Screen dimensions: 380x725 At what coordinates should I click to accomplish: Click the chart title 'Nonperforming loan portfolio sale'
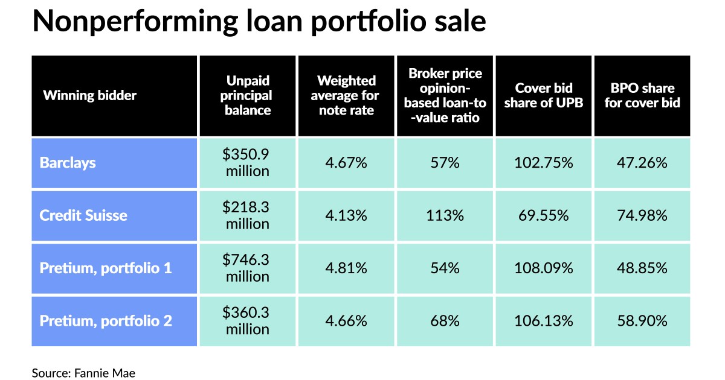point(259,22)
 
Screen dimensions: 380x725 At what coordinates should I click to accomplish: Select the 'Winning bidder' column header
point(89,95)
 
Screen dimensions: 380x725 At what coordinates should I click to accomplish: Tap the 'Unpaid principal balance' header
point(248,95)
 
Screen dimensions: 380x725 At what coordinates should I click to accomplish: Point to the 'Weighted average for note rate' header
point(347,95)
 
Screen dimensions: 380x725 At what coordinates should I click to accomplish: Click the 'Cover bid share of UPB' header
point(544,95)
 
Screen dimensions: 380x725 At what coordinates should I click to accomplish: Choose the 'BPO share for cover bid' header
point(642,95)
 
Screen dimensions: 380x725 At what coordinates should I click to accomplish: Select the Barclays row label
point(68,163)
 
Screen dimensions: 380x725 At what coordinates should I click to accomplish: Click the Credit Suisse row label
point(83,215)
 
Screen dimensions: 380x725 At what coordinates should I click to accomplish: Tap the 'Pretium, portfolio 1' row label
point(106,268)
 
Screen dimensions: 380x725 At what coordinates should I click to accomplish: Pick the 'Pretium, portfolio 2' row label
point(106,320)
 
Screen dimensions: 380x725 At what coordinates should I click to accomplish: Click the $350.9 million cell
point(248,163)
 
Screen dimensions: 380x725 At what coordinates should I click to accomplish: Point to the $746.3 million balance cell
point(248,268)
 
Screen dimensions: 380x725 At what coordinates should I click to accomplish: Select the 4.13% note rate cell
point(346,215)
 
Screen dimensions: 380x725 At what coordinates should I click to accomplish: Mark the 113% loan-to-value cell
point(445,215)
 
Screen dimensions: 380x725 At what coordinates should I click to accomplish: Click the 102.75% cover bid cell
point(544,163)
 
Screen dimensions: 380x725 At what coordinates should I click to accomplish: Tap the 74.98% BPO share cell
point(642,215)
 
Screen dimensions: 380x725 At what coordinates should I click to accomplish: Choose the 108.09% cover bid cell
point(544,268)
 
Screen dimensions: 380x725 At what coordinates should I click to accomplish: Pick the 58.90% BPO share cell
point(642,320)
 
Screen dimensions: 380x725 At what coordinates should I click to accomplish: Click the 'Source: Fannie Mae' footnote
point(83,373)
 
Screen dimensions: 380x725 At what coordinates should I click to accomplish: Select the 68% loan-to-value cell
point(445,320)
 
